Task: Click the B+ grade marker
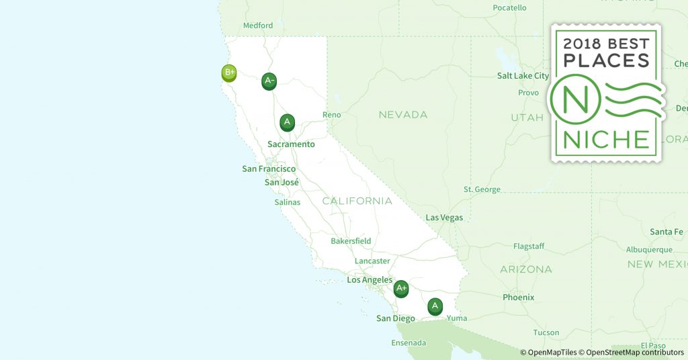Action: pos(229,73)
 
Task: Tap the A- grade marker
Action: pos(269,81)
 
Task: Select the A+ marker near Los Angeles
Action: pos(401,289)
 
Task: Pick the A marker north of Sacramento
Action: pos(287,122)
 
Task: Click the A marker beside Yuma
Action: pos(435,306)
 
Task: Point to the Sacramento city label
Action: pos(291,144)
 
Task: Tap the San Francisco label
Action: pos(269,169)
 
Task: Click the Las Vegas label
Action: pos(444,218)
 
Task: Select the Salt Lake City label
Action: pos(523,76)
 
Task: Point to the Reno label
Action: pos(332,115)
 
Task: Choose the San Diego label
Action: pos(395,318)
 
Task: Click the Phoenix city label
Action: pos(518,297)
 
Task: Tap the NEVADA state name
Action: pos(403,115)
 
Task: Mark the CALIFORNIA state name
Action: pos(357,201)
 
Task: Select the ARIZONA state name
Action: pos(526,269)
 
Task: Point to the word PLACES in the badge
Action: pos(607,60)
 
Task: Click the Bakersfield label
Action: pos(351,241)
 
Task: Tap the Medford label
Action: pos(258,26)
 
